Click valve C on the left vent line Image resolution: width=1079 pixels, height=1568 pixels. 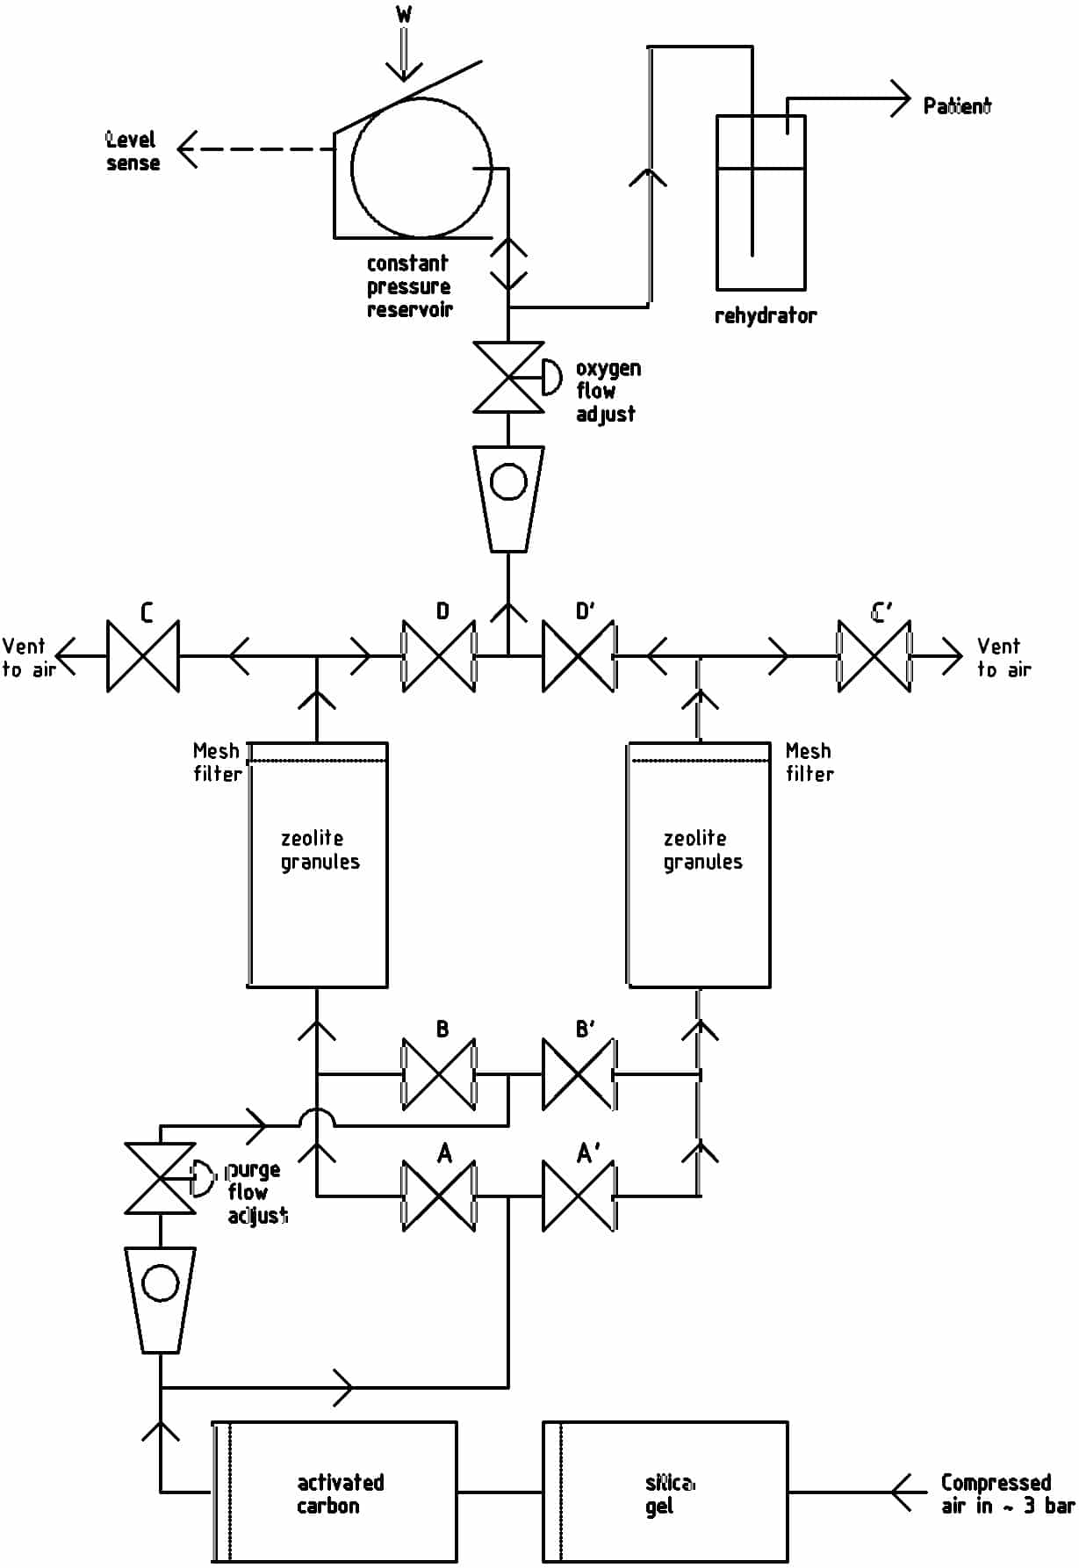[x=143, y=656]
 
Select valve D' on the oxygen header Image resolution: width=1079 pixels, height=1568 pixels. [x=579, y=656]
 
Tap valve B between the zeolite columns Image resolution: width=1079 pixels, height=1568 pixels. [x=439, y=1073]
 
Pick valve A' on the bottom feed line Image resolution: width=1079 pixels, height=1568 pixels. [x=579, y=1196]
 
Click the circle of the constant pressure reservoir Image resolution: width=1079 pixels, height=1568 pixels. [x=421, y=168]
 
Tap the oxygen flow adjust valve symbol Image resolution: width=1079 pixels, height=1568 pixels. [x=508, y=378]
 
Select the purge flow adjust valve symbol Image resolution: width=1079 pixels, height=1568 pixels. [x=161, y=1179]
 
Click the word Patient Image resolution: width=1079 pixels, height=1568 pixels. [x=956, y=106]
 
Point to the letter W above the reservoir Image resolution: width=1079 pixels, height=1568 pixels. [x=403, y=15]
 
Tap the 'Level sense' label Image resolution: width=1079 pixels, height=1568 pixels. [x=132, y=151]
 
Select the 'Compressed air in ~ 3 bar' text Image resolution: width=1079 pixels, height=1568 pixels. [x=1006, y=1493]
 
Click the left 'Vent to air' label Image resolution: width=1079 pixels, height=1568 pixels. [x=28, y=658]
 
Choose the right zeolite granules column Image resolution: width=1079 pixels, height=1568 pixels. [x=699, y=865]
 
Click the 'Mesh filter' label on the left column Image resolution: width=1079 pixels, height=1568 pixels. [x=217, y=762]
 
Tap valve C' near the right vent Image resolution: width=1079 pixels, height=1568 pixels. [x=874, y=656]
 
